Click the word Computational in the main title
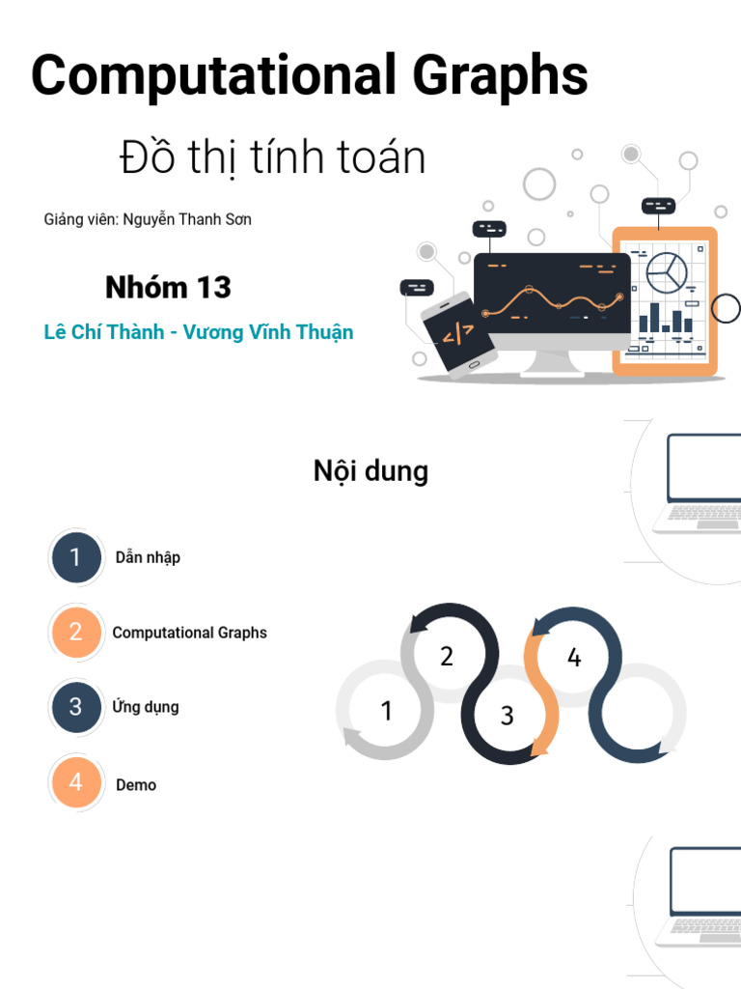pyautogui.click(x=213, y=76)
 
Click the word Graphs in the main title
pyautogui.click(x=501, y=76)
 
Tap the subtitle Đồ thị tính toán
pyautogui.click(x=273, y=156)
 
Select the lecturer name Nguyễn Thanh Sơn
pyautogui.click(x=187, y=219)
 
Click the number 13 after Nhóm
pyautogui.click(x=214, y=288)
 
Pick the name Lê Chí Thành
pyautogui.click(x=104, y=332)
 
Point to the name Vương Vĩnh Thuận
pyautogui.click(x=268, y=332)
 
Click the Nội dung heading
pyautogui.click(x=371, y=471)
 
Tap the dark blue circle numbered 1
pyautogui.click(x=76, y=557)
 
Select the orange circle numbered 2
pyautogui.click(x=76, y=632)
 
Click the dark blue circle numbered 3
pyautogui.click(x=76, y=706)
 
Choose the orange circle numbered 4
pyautogui.click(x=76, y=782)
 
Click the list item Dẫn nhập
pyautogui.click(x=148, y=557)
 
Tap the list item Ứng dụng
pyautogui.click(x=146, y=706)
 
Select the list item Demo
pyautogui.click(x=136, y=784)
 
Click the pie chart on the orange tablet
pyautogui.click(x=667, y=272)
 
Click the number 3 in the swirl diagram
pyautogui.click(x=508, y=716)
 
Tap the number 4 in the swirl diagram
pyautogui.click(x=574, y=657)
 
